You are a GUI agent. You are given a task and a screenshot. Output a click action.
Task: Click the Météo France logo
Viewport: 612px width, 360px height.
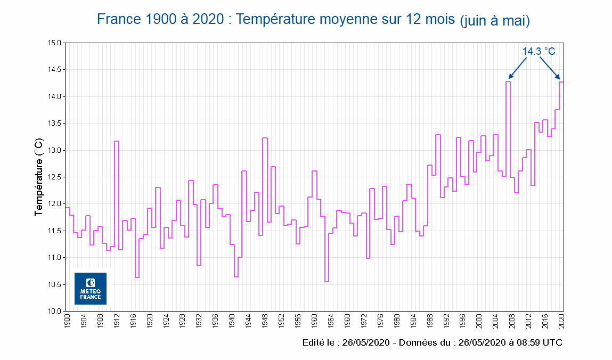coord(90,288)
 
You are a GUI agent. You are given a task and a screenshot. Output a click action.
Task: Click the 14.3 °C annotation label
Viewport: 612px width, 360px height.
coord(538,51)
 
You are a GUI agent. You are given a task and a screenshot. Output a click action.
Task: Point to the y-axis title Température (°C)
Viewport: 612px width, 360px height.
coord(38,177)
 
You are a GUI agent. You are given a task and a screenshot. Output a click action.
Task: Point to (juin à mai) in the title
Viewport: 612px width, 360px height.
coord(495,21)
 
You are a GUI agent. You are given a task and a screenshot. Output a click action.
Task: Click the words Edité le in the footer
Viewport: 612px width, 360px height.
coord(319,342)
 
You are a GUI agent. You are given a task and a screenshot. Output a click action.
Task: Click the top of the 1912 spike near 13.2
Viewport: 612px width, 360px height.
coord(116,141)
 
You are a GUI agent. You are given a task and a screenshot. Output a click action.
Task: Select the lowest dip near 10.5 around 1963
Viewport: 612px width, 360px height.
coord(327,282)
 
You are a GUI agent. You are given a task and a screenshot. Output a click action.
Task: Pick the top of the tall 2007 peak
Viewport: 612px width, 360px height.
coord(508,81)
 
